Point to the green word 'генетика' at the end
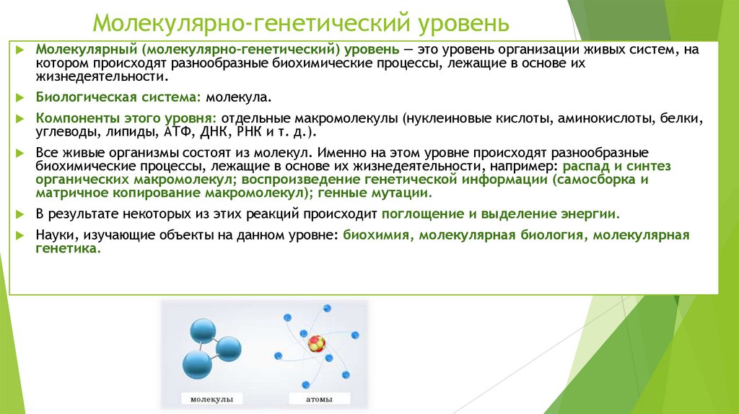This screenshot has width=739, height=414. point(66,247)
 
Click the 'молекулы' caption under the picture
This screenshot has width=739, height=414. point(211,398)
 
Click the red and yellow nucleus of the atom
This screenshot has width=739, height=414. point(315,343)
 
